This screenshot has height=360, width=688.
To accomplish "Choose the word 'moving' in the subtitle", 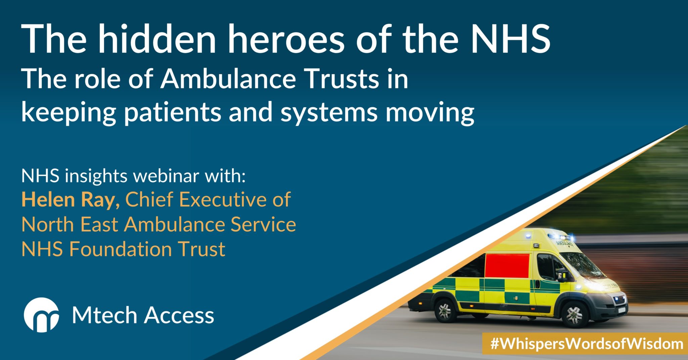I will [430, 112].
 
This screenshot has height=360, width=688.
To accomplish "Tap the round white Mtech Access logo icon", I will [41, 315].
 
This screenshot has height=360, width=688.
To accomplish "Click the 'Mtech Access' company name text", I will [143, 315].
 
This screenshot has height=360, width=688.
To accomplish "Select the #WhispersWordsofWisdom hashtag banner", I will [585, 344].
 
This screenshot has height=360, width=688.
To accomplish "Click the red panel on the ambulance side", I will [507, 265].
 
